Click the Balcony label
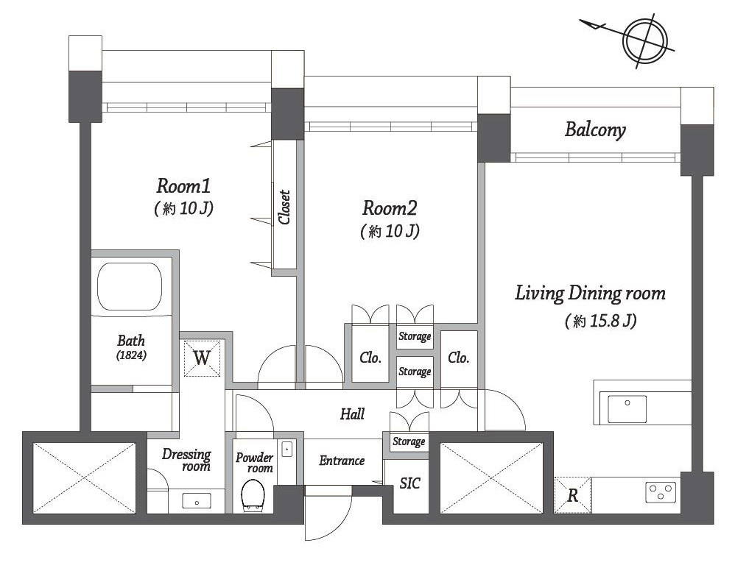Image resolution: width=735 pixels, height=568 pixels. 595,129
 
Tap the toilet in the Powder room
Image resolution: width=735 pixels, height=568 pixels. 253,497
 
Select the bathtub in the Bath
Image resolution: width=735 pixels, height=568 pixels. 130,286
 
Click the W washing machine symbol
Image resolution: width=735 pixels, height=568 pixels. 202,358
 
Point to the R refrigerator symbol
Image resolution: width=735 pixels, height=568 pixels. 572,495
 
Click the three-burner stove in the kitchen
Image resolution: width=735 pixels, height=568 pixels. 661,492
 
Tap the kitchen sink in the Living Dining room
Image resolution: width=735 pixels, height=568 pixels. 627,409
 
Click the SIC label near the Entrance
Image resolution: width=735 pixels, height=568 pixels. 409,483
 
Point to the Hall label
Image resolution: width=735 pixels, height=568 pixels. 352,414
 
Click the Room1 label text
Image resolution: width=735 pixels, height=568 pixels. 183,186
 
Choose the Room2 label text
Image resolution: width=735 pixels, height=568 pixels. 390,208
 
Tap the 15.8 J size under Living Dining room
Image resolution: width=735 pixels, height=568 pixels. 600,321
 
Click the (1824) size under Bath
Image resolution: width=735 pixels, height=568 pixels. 131,355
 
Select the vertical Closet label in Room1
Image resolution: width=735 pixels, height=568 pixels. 284,207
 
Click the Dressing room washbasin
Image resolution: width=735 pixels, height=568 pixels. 197,502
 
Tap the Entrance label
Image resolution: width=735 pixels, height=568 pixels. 342,461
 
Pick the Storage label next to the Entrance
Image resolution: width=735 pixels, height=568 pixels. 409,441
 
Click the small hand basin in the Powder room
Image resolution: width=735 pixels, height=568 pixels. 287,449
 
